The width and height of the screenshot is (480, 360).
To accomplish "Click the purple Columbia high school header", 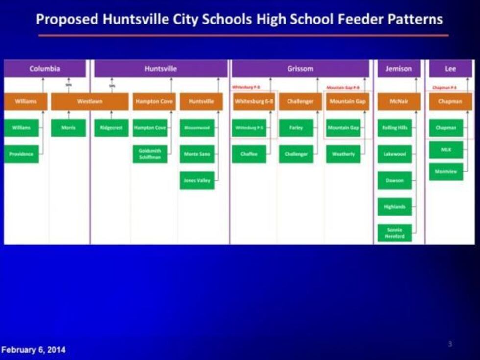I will (45, 69).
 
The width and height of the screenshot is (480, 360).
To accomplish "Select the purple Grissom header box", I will (300, 69).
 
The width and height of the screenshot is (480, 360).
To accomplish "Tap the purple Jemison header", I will (399, 69).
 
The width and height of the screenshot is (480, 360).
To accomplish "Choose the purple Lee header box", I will (450, 69).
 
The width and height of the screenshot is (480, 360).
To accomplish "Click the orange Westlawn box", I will (90, 101).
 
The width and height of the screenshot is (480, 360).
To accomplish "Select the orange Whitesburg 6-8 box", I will (254, 101).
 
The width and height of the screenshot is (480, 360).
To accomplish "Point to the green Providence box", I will (21, 154).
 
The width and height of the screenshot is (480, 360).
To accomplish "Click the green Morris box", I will (68, 128).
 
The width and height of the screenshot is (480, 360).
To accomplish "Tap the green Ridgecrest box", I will (111, 128).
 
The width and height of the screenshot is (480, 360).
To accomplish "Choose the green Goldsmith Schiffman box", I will (150, 154).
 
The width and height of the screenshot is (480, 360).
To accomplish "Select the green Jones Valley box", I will (197, 180).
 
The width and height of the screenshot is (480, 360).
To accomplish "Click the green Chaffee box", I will (249, 154).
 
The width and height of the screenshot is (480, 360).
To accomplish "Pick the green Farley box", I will (296, 128).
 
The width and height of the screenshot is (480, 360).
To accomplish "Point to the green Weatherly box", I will (343, 154).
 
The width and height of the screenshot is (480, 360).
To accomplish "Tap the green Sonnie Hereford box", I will (394, 233).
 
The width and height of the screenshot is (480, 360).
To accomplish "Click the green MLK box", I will (446, 149).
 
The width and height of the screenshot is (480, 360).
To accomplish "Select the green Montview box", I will (446, 171).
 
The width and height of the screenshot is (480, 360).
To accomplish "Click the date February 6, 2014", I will (33, 350).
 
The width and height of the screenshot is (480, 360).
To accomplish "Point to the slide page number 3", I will (450, 344).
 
